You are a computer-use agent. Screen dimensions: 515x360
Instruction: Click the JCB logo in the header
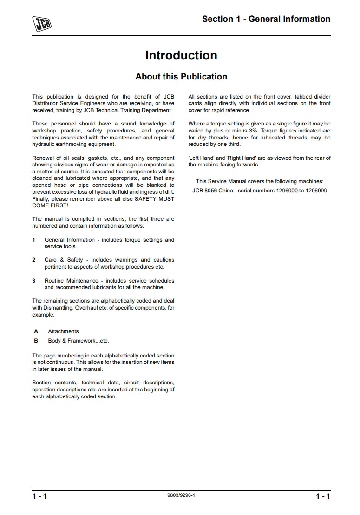pos(41,23)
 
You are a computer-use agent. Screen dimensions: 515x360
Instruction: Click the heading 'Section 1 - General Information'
pos(266,19)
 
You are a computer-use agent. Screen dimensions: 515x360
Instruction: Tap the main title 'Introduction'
pos(181,55)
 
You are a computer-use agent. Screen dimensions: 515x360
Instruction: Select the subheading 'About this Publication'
pos(181,77)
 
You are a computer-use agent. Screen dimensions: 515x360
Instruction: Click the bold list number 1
pos(34,240)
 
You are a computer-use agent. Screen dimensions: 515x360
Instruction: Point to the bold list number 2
pos(34,260)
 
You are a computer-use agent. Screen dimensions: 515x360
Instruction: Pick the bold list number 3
pos(34,281)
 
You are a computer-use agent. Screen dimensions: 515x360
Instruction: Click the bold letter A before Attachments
pos(36,331)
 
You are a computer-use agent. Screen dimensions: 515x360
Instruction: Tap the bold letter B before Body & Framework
pos(36,341)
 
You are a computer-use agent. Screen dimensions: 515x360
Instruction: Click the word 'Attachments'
pos(63,331)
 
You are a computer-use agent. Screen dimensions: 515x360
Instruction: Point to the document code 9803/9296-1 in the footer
pos(181,495)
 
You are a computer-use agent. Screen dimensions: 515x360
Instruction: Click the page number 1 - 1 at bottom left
pos(39,496)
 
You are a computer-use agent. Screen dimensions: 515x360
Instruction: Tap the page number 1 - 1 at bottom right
pos(323,496)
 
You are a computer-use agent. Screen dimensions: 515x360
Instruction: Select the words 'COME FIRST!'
pos(50,205)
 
